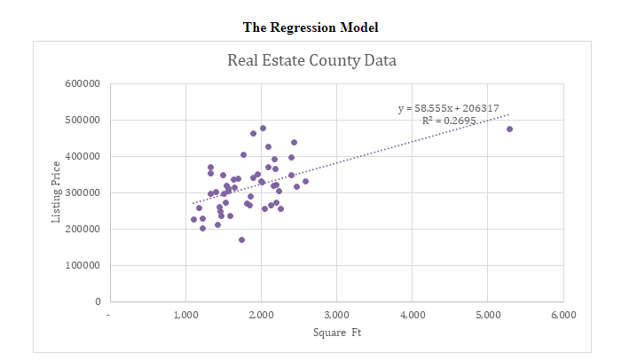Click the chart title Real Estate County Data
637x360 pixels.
(x=311, y=61)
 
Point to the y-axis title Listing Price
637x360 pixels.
(x=56, y=192)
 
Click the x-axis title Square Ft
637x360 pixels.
(x=337, y=333)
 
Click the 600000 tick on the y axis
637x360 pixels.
(x=81, y=83)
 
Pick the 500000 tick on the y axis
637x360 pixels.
(x=81, y=120)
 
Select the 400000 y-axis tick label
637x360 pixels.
(x=81, y=156)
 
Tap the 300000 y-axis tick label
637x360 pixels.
(x=81, y=192)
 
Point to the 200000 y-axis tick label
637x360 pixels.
(x=81, y=229)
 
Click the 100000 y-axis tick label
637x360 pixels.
(x=81, y=265)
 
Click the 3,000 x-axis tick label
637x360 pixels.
(x=336, y=314)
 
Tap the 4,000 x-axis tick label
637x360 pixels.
(x=412, y=314)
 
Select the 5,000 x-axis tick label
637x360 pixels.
(x=487, y=314)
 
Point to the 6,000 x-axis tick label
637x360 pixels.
(x=562, y=314)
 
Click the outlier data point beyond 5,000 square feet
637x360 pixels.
(x=509, y=129)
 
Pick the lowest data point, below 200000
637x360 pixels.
(x=241, y=239)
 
